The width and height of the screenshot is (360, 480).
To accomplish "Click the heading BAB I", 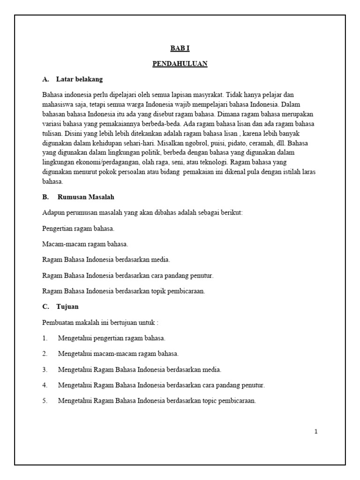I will pyautogui.click(x=180, y=49).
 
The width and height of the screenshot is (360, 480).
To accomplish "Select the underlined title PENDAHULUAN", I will pyautogui.click(x=180, y=64).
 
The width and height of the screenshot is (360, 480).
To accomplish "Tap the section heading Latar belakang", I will pyautogui.click(x=79, y=79).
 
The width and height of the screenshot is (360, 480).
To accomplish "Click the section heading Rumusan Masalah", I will pyautogui.click(x=86, y=197).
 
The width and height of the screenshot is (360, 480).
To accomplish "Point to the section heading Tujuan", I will pyautogui.click(x=67, y=307).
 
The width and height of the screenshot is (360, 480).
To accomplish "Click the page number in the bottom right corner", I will pyautogui.click(x=316, y=432).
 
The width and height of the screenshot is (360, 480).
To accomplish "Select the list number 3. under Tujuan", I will pyautogui.click(x=45, y=369).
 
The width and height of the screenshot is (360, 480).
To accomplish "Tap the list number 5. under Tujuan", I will pyautogui.click(x=45, y=401).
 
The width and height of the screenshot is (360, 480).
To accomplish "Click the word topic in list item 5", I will pyautogui.click(x=215, y=401).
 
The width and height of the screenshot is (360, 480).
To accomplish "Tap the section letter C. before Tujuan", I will pyautogui.click(x=45, y=307).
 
